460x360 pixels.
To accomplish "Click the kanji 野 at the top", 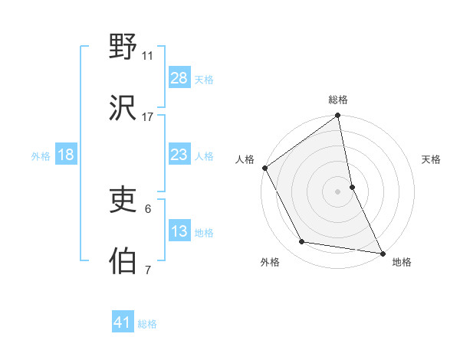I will point(123,47).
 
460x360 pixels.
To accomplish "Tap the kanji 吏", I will point(123,200).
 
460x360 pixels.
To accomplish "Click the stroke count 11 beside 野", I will point(148,56).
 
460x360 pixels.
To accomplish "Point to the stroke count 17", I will point(148,116).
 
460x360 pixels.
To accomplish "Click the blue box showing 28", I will point(179,78).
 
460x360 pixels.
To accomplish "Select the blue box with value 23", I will point(179,155).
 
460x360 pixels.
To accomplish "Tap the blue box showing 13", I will point(179,231).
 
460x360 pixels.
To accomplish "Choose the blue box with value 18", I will point(66,155).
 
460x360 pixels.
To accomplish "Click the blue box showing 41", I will point(123,322).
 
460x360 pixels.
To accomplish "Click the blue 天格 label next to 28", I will point(204,80).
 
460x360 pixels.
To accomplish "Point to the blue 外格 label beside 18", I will point(41,156).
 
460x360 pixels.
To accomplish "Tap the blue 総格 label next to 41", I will point(147,324).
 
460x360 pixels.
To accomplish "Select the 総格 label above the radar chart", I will point(338,100).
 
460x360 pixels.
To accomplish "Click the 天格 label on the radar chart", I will point(432,159).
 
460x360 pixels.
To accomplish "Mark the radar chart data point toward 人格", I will point(264,168).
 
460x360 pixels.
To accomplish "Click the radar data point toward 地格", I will point(383,253).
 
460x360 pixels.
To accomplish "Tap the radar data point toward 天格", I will point(352,186).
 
